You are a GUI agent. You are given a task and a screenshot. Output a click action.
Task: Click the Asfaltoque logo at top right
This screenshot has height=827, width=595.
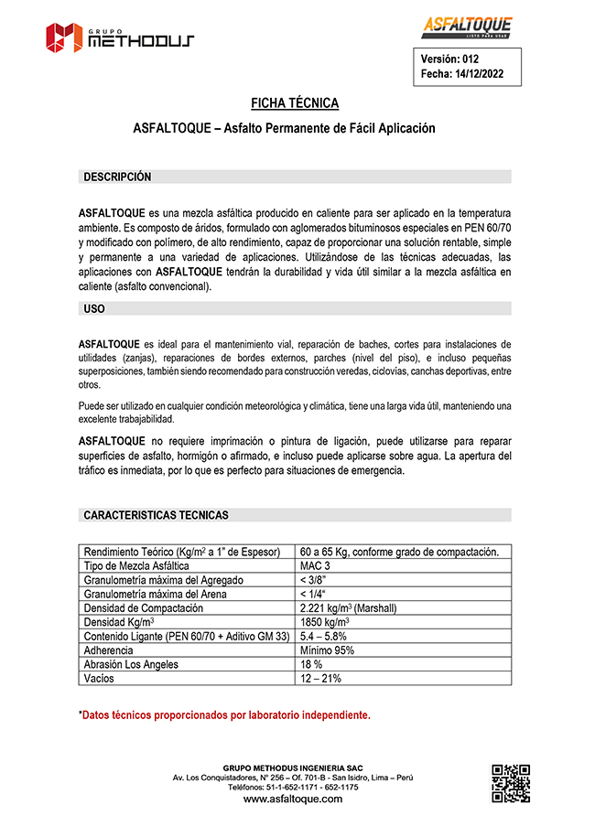click(x=467, y=27)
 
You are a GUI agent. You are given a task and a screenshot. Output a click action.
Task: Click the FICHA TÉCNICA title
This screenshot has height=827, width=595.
click(x=295, y=103)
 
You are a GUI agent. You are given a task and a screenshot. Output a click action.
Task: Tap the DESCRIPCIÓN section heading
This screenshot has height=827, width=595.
click(x=117, y=177)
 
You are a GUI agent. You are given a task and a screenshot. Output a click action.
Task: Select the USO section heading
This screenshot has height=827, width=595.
click(x=94, y=309)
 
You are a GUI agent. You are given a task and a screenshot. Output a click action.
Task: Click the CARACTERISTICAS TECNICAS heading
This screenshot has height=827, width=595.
click(x=156, y=515)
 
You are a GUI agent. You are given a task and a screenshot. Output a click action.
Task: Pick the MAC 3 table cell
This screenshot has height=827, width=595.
click(x=315, y=565)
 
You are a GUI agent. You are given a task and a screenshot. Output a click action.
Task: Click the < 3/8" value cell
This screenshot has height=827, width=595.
click(x=315, y=579)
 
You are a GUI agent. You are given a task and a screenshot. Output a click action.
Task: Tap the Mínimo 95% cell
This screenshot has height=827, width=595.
click(x=327, y=650)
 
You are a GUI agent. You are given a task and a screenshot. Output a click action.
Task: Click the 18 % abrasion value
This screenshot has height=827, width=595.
click(x=311, y=663)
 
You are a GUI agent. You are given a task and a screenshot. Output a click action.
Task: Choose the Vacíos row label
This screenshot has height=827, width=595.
click(x=100, y=677)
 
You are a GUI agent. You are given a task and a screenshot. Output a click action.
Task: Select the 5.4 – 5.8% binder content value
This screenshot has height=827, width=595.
click(x=323, y=636)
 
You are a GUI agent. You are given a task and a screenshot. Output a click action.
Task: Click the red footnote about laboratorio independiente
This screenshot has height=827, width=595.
click(x=224, y=714)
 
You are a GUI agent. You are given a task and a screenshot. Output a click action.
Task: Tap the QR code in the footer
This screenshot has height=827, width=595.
click(x=511, y=782)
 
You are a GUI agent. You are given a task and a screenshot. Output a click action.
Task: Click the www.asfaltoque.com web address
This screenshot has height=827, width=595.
click(x=293, y=799)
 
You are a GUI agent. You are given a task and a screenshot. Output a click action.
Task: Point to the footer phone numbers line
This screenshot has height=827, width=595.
click(x=293, y=787)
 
